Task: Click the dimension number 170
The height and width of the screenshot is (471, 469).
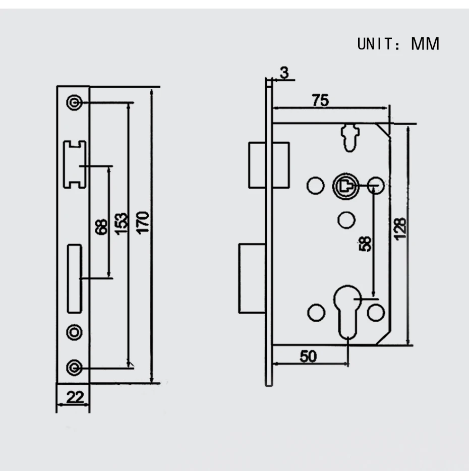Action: click(143, 222)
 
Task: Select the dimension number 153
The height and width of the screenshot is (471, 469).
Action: click(122, 224)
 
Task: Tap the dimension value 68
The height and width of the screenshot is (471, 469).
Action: click(101, 227)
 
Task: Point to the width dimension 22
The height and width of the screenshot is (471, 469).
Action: click(75, 397)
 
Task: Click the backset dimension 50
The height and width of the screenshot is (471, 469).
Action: click(308, 357)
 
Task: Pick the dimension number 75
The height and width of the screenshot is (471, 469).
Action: click(320, 100)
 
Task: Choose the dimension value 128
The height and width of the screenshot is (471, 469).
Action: click(400, 229)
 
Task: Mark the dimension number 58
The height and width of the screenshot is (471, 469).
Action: click(365, 244)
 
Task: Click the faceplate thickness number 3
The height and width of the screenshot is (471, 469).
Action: click(284, 73)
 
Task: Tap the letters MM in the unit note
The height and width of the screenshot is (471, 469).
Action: click(425, 44)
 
